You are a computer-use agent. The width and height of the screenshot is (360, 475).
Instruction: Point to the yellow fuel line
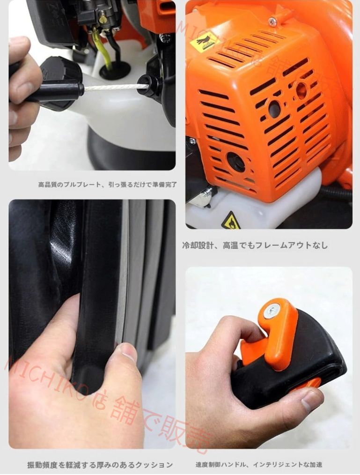[x=106, y=52]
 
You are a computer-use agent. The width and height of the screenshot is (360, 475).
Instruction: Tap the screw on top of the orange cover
[x=272, y=22]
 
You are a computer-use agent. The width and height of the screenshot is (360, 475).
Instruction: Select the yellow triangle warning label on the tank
[x=231, y=221]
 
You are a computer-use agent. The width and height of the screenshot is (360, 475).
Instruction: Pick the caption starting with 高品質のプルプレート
[x=107, y=185]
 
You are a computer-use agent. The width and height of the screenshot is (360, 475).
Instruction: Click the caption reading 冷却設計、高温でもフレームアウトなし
[x=255, y=245]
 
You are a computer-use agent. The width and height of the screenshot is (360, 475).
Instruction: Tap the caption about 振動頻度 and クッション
[x=100, y=465]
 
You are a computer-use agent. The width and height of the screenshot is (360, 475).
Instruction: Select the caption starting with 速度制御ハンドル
[x=259, y=465]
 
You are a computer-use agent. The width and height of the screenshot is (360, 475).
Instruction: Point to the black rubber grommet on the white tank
[x=115, y=70]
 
